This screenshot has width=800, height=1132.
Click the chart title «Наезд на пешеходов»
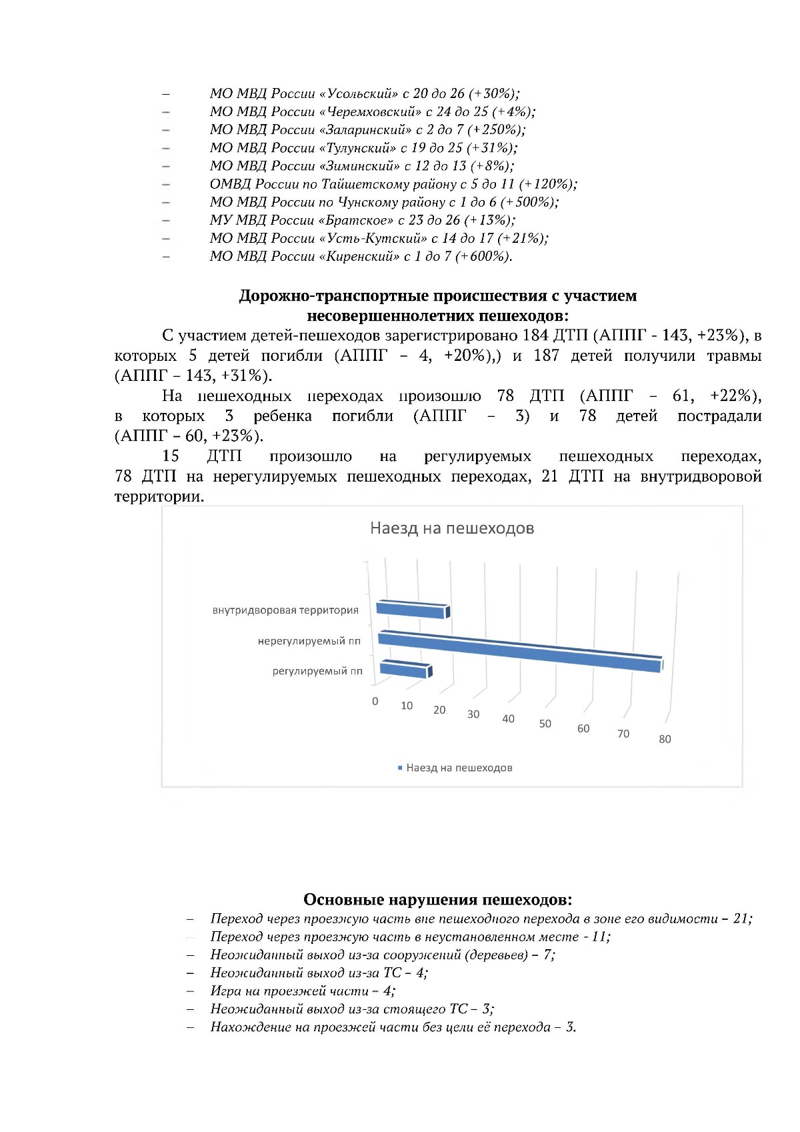coord(452,529)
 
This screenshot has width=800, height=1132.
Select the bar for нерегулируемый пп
coord(520,651)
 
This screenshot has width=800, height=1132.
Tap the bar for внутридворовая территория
coord(411,610)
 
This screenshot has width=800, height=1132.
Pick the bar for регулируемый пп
coord(404,669)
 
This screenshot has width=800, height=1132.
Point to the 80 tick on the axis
coord(665,739)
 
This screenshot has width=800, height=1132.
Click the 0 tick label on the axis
coord(375,701)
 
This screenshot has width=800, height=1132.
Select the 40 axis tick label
coord(508,719)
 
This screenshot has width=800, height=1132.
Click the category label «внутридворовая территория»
coord(285,610)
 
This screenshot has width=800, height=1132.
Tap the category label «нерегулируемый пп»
coord(309,642)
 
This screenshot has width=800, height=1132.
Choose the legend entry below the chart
coord(455,768)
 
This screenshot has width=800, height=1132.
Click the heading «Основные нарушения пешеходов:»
coord(437,900)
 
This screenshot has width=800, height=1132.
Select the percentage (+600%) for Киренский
coord(484,256)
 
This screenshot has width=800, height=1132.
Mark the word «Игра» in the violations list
coord(225,991)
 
